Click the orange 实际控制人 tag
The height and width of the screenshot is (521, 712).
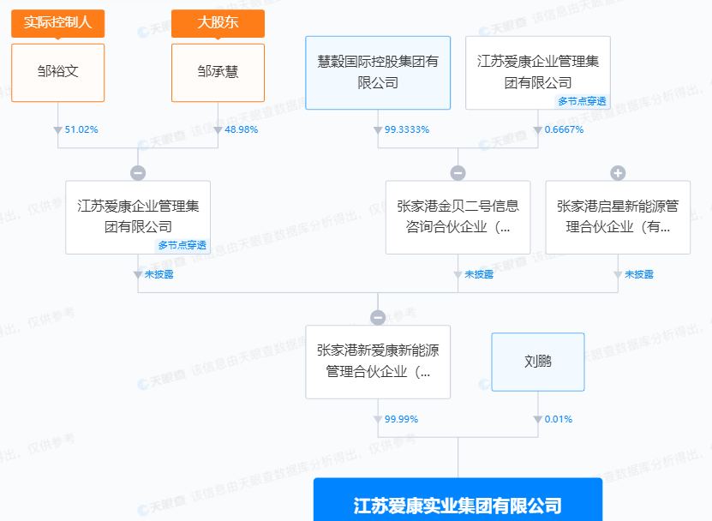57,23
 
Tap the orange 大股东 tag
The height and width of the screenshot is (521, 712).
218,23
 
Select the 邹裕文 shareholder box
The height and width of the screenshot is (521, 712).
57,72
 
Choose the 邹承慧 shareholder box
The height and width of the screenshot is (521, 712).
218,72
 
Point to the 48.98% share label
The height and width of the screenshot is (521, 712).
241,129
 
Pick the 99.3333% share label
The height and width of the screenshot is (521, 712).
406,129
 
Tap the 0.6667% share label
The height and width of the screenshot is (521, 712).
564,129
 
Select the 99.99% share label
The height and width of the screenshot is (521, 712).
401,419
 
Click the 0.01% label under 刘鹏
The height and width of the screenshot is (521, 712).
558,419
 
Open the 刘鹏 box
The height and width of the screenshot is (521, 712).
538,362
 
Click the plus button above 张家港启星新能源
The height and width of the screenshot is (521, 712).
618,173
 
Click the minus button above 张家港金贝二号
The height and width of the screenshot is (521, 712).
458,173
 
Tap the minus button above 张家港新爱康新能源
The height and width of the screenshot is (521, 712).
378,318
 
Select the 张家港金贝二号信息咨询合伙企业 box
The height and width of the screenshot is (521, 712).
458,217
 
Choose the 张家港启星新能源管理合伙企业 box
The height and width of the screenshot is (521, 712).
618,217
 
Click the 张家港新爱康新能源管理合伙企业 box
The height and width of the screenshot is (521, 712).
378,362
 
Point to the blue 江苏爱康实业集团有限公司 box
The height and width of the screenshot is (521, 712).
458,504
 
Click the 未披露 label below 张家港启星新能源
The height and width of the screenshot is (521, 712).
638,274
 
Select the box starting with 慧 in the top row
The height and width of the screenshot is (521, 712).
378,72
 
